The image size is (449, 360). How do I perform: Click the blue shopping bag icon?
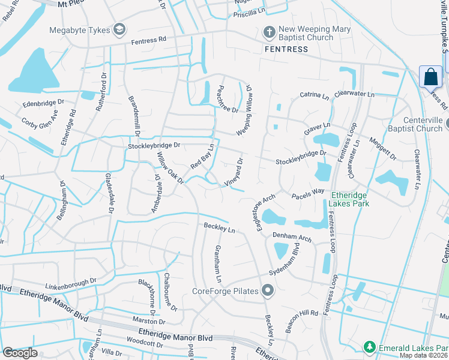tap(430, 77)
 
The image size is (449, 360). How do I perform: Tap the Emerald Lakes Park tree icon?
tap(370, 347)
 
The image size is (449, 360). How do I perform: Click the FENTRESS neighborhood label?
tap(286, 49)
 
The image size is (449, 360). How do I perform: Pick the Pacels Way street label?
tap(308, 194)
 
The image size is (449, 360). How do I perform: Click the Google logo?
tap(20, 353)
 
